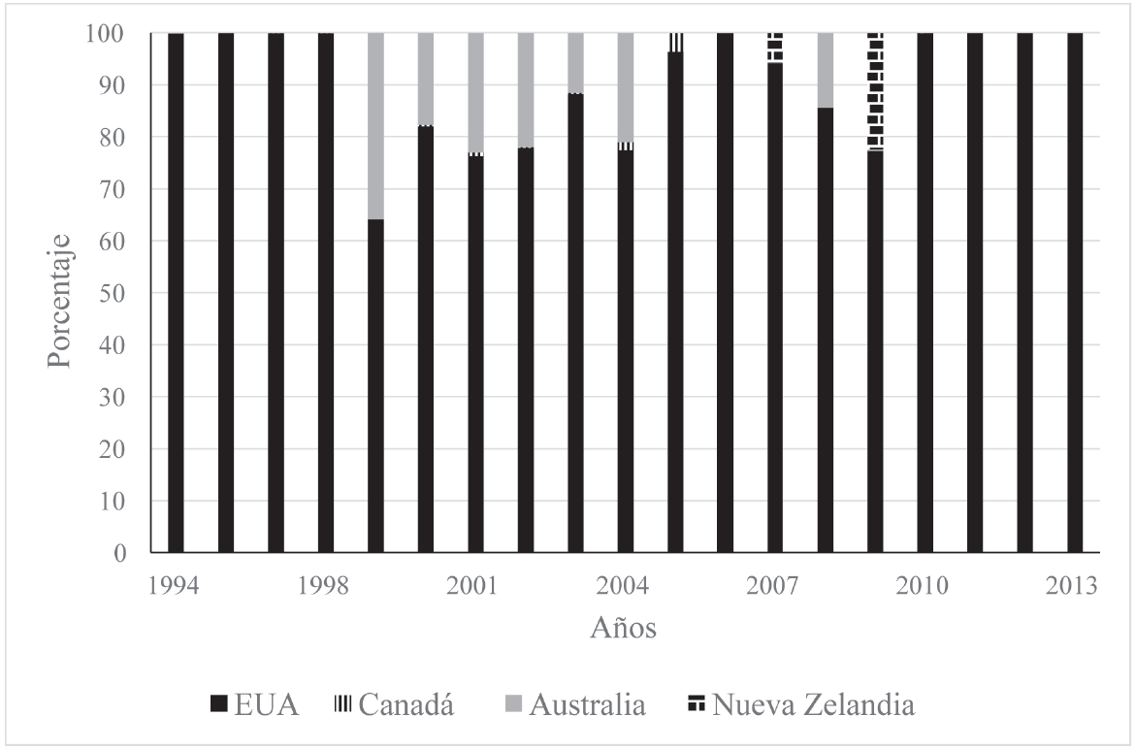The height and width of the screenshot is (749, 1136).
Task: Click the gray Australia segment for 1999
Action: pos(375,126)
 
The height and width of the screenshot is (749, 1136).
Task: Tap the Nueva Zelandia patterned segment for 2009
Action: pos(875,91)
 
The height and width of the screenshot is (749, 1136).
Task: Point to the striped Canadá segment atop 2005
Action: pos(675,42)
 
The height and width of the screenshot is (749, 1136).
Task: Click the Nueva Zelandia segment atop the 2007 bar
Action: pos(775,48)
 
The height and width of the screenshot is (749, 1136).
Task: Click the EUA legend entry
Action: pos(255,704)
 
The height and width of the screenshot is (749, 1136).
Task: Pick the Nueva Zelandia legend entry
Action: pos(800,704)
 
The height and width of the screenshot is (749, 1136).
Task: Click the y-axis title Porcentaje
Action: pos(60,293)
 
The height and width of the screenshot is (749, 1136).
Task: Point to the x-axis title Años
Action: pos(624,628)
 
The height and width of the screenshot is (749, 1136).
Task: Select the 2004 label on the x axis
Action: pos(625,587)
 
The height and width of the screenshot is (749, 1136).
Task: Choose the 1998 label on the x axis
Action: pos(325,587)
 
